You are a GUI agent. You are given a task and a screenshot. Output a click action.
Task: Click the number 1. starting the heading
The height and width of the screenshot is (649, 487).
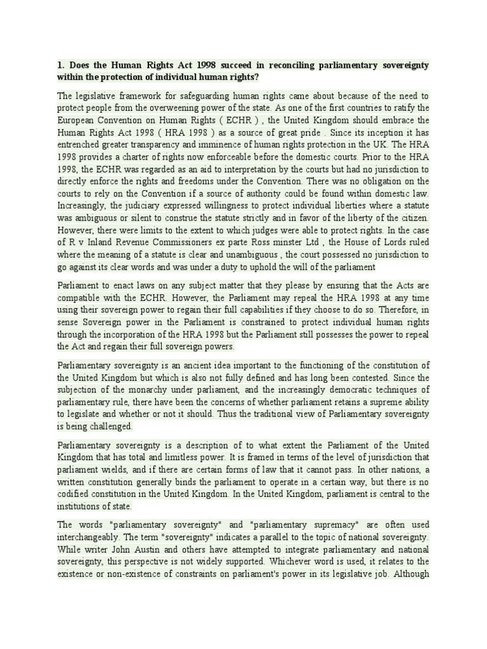pos(61,65)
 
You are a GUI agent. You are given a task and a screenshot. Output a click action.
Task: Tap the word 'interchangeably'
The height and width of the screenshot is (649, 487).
pos(90,536)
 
